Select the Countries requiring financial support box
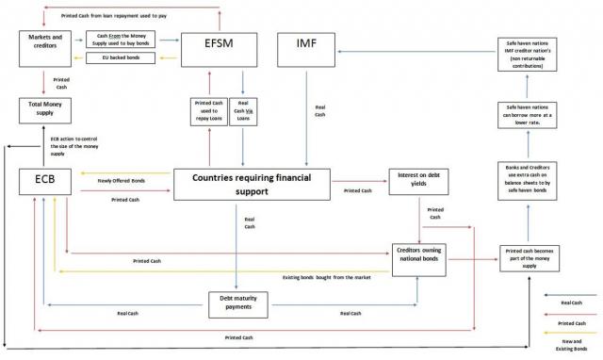pyautogui.click(x=252, y=184)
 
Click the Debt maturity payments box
pyautogui.click(x=245, y=302)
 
